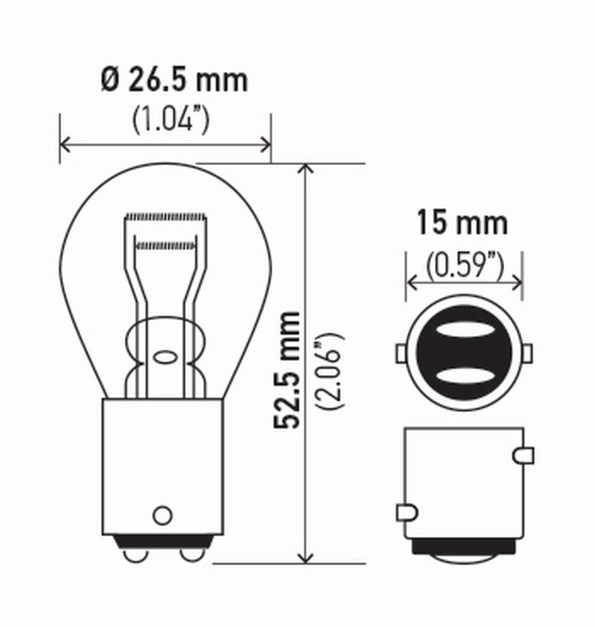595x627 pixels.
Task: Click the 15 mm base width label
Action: coord(462,222)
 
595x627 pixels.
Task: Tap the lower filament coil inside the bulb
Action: coord(166,244)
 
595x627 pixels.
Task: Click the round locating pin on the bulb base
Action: coord(161,514)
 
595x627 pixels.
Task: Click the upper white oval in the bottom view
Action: coord(464,333)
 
